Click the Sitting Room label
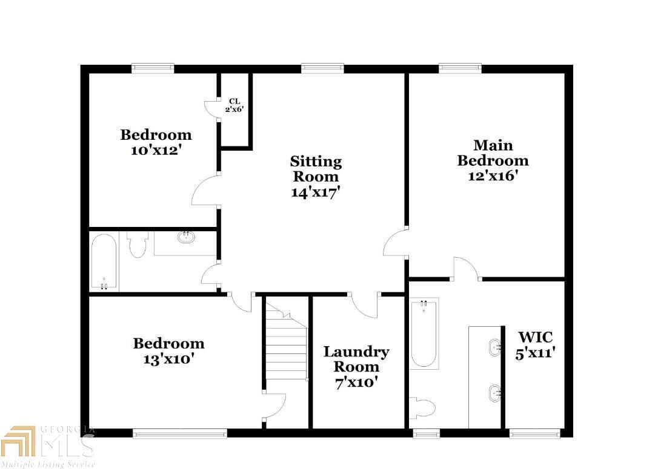click(x=316, y=169)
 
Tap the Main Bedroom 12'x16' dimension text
click(x=492, y=176)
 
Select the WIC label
click(x=535, y=337)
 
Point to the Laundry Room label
click(x=356, y=359)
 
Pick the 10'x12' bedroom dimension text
click(x=156, y=150)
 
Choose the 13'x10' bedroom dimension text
click(x=168, y=359)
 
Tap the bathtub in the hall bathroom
click(x=104, y=262)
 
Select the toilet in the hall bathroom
click(x=138, y=244)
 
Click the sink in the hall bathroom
click(x=186, y=237)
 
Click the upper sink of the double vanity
click(x=494, y=347)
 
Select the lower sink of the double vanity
click(x=494, y=393)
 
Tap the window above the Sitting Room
click(x=322, y=68)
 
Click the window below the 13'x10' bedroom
click(x=180, y=433)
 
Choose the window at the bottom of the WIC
click(x=526, y=433)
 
